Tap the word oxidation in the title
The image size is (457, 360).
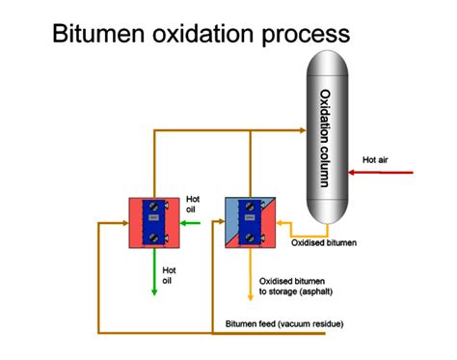click(x=212, y=37)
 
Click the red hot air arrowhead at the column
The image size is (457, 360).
click(x=353, y=173)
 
